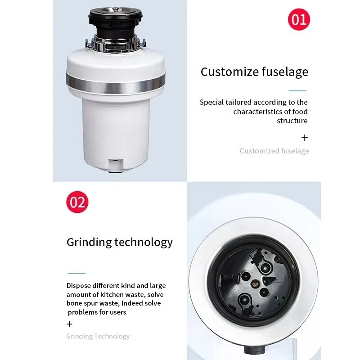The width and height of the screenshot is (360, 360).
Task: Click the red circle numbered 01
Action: pyautogui.click(x=299, y=19)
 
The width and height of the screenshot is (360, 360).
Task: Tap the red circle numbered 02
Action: pyautogui.click(x=77, y=202)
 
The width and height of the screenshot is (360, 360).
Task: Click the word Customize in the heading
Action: pyautogui.click(x=230, y=72)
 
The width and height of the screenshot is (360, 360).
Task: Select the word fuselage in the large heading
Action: pyautogui.click(x=285, y=72)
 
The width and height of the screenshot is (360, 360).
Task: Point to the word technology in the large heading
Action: pyautogui.click(x=144, y=243)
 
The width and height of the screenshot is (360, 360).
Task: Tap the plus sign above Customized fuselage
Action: pyautogui.click(x=305, y=138)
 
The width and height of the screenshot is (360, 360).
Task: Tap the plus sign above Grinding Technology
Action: pyautogui.click(x=69, y=324)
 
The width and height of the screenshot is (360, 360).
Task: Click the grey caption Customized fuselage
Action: pyautogui.click(x=274, y=151)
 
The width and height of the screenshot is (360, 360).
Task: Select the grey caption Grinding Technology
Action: pyautogui.click(x=98, y=336)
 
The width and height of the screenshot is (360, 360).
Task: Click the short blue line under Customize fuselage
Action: pyautogui.click(x=297, y=91)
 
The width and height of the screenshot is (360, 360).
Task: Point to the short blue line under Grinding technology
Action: pyautogui.click(x=76, y=273)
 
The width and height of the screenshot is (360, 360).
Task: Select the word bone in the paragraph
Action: pyautogui.click(x=74, y=303)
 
